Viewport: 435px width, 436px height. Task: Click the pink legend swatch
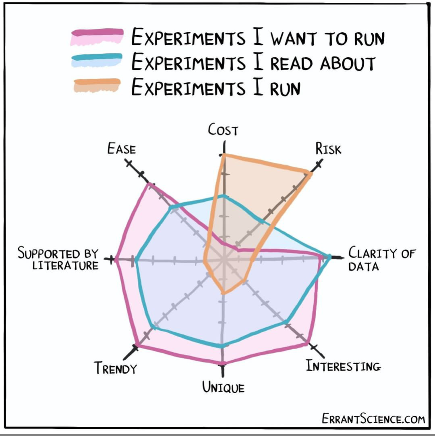(x=97, y=37)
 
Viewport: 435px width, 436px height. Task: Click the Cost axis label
(x=223, y=130)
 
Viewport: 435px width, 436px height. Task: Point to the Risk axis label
(x=328, y=149)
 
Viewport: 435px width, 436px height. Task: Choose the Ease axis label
(x=121, y=149)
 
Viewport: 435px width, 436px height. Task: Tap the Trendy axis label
(x=116, y=368)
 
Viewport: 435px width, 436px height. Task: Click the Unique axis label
(x=223, y=388)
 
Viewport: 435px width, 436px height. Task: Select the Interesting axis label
(x=343, y=366)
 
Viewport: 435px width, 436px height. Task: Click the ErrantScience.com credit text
(x=373, y=419)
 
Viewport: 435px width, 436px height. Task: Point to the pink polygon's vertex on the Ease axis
(x=150, y=185)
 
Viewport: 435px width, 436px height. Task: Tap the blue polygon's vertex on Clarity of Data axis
(x=329, y=257)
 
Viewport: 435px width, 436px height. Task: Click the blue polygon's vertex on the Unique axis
(x=222, y=345)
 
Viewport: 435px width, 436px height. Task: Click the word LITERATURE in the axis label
(x=65, y=265)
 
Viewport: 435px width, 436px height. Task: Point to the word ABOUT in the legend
(x=348, y=63)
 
